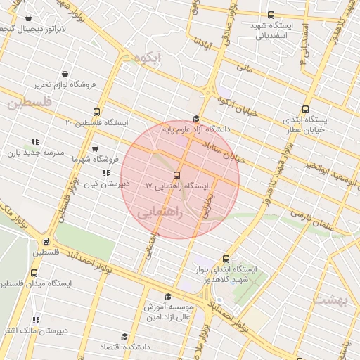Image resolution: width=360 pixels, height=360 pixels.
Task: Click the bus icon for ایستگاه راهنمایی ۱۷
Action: (x=176, y=175)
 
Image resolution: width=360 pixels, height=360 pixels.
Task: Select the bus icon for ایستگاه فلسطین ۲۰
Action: (x=96, y=112)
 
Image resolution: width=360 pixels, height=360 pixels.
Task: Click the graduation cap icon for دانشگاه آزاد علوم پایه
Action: (x=196, y=119)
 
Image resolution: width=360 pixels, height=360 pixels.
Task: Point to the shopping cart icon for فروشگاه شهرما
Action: (x=95, y=149)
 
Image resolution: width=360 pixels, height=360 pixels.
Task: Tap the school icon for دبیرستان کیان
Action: (x=106, y=172)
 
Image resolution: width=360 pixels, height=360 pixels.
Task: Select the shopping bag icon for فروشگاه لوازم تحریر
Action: (x=65, y=74)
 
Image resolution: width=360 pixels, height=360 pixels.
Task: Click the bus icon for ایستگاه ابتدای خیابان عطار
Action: (x=305, y=109)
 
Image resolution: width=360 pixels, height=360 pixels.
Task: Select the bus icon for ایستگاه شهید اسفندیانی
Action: (x=271, y=15)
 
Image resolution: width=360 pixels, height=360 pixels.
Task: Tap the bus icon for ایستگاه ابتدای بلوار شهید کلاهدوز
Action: (x=226, y=259)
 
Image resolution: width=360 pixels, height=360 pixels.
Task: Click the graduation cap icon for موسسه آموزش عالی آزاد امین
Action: (x=167, y=297)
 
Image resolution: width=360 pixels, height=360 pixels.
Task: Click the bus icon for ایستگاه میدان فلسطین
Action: (x=34, y=273)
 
